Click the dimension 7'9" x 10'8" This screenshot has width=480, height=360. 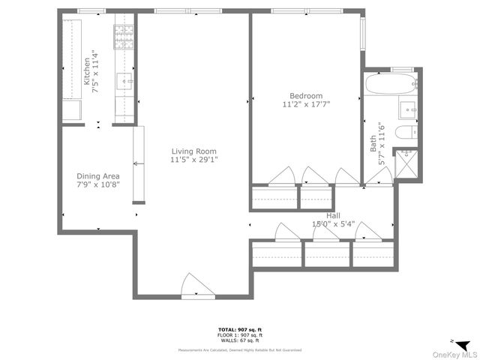coord(98,184)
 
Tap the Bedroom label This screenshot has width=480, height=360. coord(306,96)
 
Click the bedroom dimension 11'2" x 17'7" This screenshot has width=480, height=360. coord(306,106)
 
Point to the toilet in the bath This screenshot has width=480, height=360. coord(405,135)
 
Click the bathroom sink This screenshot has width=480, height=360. coord(407,109)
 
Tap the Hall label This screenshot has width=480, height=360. coord(333,215)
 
